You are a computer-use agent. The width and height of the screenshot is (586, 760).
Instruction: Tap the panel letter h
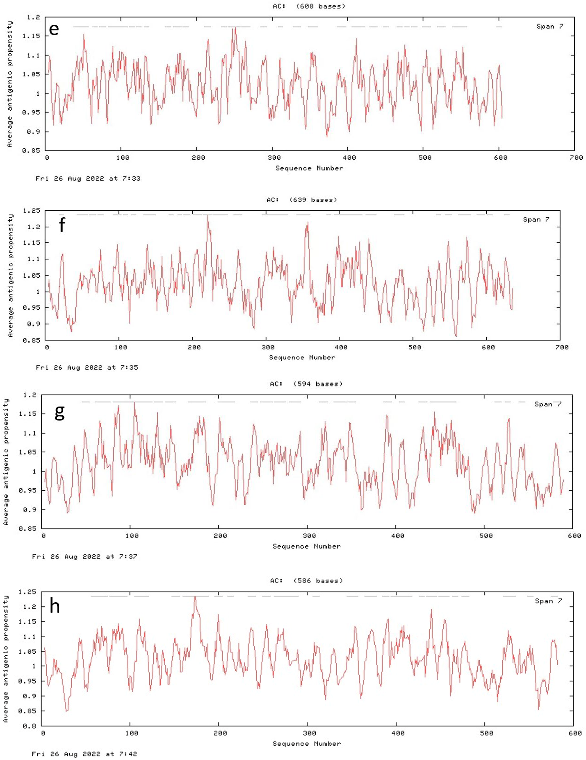55,606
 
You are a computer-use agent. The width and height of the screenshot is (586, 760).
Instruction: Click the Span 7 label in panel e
550,26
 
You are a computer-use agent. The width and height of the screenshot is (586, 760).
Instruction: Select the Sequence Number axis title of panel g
306,546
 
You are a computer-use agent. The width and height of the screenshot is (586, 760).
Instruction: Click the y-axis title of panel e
10,84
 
